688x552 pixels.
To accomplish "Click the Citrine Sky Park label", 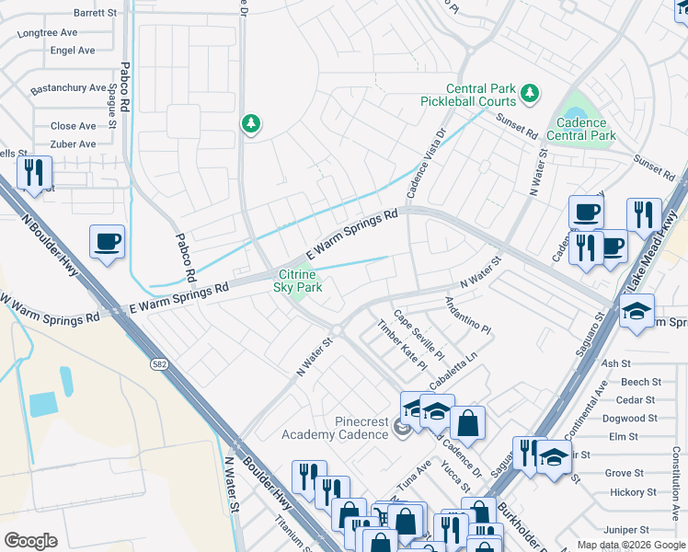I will (298, 281).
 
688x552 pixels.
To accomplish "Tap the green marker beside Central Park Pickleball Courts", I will (530, 92).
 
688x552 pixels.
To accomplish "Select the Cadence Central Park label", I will (580, 129).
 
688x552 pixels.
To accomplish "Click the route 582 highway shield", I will (158, 364).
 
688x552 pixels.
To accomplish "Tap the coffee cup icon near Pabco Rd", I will (108, 243).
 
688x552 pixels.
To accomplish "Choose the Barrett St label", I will (95, 13).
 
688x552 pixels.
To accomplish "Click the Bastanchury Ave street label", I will (69, 88).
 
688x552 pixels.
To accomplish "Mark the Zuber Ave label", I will (73, 144).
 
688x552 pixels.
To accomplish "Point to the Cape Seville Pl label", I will (419, 339).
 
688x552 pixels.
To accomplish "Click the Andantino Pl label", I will (468, 315).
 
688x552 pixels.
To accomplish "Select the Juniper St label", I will (628, 530).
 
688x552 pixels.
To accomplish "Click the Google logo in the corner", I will (30, 540).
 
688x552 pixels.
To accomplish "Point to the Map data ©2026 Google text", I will (631, 545).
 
